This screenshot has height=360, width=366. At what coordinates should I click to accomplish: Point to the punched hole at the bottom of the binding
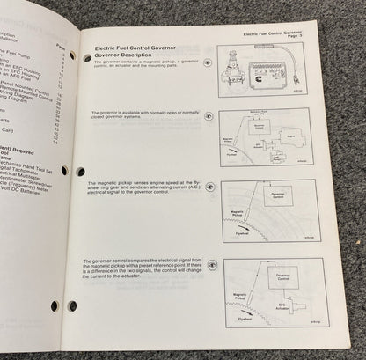pyautogui.click(x=54, y=306)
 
